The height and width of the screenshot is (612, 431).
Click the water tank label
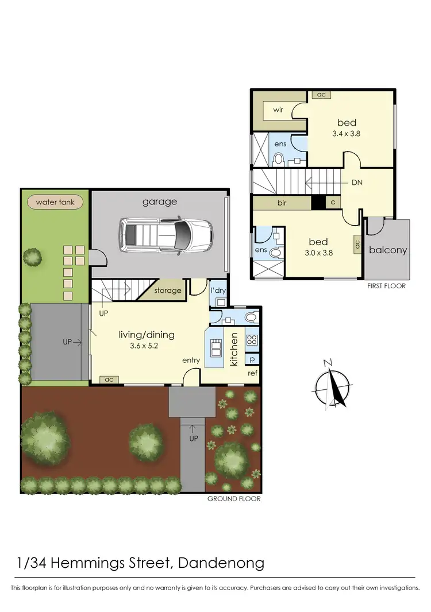(55, 202)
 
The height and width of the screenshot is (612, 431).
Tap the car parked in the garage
(164, 234)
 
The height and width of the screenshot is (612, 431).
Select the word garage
(160, 202)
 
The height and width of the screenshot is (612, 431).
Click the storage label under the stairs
(167, 290)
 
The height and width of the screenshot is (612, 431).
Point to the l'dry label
(218, 290)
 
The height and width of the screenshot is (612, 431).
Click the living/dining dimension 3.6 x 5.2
(146, 346)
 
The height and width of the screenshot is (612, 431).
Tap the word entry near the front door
(191, 360)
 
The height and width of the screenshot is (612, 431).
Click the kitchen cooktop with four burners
(252, 339)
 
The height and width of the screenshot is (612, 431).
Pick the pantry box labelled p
(252, 359)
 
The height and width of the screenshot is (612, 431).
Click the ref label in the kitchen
(252, 373)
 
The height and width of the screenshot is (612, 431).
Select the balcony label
(388, 250)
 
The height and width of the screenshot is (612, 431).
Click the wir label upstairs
(279, 109)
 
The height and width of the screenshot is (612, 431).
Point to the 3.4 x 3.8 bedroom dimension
(347, 133)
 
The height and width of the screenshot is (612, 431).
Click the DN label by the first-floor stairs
(357, 183)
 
